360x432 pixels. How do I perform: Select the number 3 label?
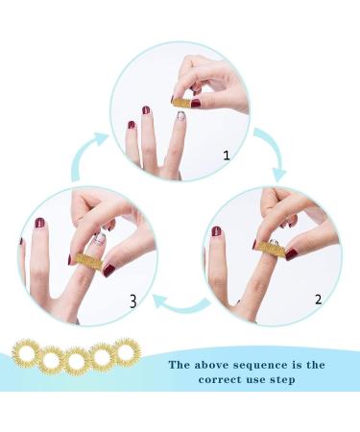tap(133, 300)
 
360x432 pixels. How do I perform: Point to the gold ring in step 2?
tap(272, 250)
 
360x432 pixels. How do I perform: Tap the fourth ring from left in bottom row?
tap(101, 357)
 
